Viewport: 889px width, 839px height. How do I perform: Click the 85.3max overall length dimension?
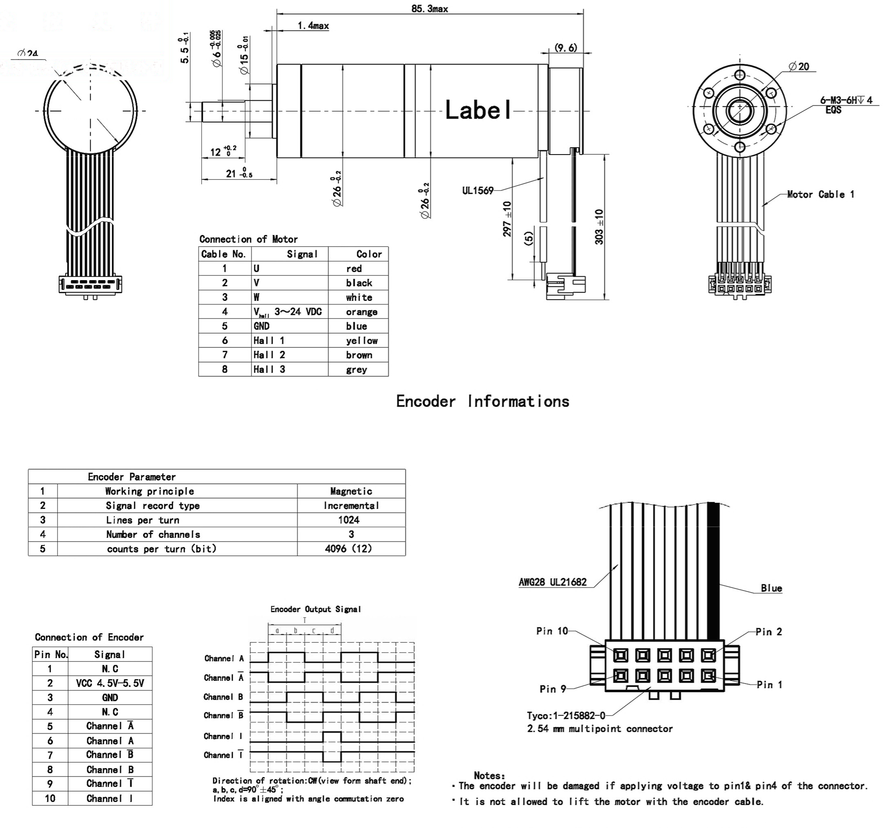tap(429, 9)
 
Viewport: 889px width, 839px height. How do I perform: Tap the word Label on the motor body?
tap(478, 109)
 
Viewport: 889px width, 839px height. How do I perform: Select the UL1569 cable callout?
tap(477, 191)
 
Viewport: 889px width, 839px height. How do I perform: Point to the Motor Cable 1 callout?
tap(820, 194)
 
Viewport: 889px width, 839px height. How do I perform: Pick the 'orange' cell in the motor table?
tap(361, 312)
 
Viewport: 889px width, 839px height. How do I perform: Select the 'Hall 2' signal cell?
tap(269, 355)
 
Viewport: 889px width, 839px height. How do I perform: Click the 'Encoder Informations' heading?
tap(483, 401)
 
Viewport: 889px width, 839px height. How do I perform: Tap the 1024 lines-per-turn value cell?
tap(349, 520)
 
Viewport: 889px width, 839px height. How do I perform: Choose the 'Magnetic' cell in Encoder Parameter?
tap(351, 491)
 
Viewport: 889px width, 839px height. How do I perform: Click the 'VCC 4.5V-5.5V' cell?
tap(110, 683)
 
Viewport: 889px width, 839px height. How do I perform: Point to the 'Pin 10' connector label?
tap(552, 631)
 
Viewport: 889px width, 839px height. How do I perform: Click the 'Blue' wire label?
tap(771, 588)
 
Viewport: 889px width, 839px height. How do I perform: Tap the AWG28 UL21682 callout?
tap(552, 582)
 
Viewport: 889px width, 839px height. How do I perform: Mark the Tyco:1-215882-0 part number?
tap(566, 716)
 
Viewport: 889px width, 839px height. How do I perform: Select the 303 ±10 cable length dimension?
tap(599, 227)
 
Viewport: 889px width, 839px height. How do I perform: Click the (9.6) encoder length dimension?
tap(566, 47)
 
